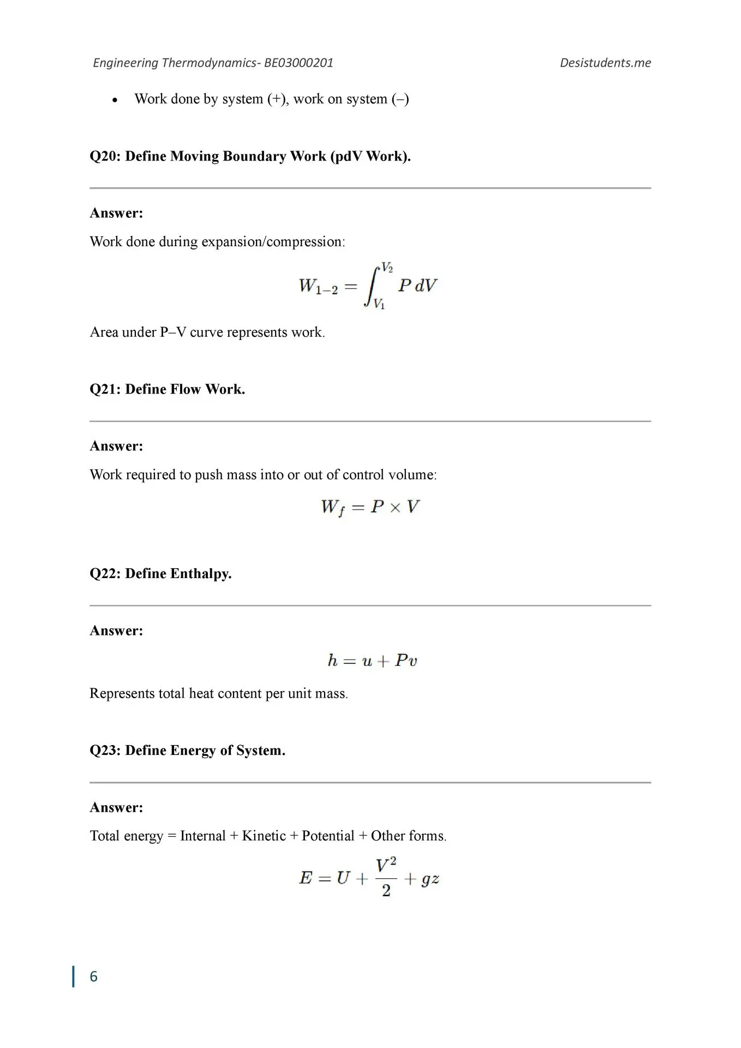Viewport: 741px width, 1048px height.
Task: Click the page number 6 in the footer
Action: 93,976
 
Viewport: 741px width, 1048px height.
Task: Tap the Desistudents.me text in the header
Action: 605,63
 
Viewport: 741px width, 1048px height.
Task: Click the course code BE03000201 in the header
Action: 298,63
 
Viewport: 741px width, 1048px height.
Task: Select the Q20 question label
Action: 105,157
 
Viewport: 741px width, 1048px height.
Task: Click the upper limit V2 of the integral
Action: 387,267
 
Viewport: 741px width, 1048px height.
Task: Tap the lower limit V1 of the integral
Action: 379,304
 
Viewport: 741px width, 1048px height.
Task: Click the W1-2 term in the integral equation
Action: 318,287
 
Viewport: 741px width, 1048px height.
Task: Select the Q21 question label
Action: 105,389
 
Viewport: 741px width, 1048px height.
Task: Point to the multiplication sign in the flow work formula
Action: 396,508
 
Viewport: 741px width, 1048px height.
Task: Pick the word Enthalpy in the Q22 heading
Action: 201,574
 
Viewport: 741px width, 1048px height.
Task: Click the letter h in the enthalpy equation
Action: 333,660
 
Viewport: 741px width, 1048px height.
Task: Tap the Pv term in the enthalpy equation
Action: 406,660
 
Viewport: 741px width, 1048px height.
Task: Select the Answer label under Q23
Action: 116,807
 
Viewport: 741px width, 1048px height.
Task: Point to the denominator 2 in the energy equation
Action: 386,891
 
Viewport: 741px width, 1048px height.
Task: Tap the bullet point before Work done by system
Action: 115,100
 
